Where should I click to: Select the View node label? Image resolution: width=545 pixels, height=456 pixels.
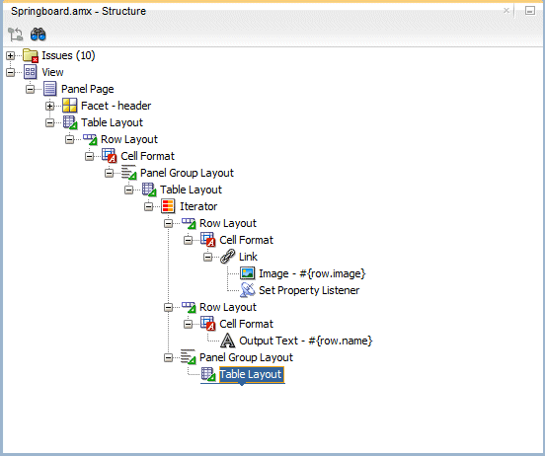tap(52, 72)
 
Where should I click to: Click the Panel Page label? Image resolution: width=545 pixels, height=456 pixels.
tap(87, 89)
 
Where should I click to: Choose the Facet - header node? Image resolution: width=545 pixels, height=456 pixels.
tap(116, 106)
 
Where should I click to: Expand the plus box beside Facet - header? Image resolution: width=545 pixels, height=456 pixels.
tap(50, 106)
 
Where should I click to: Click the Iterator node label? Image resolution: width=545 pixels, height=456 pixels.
tap(198, 206)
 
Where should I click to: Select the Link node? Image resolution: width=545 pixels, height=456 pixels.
tap(248, 257)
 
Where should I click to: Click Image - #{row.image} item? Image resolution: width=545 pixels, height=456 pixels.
tap(312, 273)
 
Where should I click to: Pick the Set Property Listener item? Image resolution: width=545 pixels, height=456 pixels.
tap(309, 290)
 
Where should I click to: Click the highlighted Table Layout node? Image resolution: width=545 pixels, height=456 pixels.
tap(251, 374)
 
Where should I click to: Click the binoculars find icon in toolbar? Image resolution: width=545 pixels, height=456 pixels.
tap(39, 34)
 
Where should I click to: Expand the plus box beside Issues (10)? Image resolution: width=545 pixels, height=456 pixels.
tap(11, 55)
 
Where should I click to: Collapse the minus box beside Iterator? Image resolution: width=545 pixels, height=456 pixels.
tap(149, 206)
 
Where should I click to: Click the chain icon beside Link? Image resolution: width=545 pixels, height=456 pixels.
tap(227, 257)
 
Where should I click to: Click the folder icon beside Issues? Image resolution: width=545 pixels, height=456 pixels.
tap(30, 55)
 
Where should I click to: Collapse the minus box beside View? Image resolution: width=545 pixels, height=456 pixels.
tap(11, 72)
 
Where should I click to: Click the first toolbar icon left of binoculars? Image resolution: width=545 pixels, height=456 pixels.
tap(15, 34)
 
